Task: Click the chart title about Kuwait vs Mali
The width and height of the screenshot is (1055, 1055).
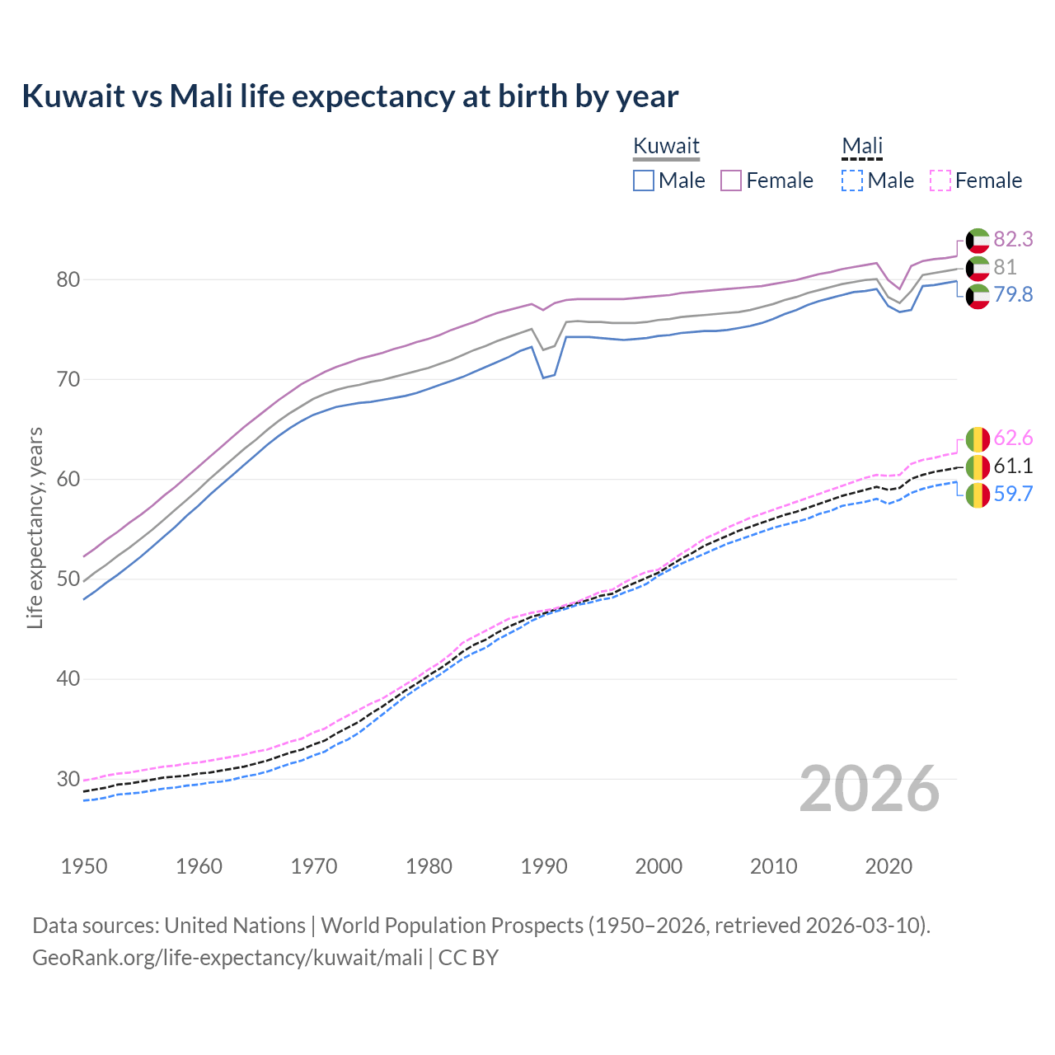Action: [x=349, y=96]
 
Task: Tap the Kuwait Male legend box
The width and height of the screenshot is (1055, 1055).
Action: [x=644, y=181]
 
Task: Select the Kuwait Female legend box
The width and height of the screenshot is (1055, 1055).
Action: [x=732, y=181]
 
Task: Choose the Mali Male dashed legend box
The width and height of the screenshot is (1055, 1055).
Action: [x=852, y=181]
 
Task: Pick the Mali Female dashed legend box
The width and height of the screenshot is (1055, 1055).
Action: [x=940, y=181]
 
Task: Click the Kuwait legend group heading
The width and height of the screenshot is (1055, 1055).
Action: [x=666, y=146]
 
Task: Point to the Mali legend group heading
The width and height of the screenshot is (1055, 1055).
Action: [x=862, y=146]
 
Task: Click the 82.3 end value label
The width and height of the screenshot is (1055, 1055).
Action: [x=1013, y=239]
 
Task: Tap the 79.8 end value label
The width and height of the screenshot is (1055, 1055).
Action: [x=1013, y=294]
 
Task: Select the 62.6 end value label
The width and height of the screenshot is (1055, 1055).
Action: [x=1013, y=438]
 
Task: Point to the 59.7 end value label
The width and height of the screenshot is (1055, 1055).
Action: [x=1013, y=494]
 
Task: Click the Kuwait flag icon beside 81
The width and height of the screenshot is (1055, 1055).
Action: [x=978, y=268]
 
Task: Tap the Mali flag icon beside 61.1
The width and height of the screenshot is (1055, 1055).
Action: [x=978, y=467]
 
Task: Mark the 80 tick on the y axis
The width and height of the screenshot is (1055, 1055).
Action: [x=68, y=279]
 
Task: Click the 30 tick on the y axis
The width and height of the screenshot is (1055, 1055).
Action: [x=68, y=779]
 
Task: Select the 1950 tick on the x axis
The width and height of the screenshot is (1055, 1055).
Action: [x=84, y=866]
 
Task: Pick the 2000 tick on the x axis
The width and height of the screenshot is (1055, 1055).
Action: [x=659, y=866]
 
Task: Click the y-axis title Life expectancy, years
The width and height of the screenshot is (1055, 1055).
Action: [x=35, y=527]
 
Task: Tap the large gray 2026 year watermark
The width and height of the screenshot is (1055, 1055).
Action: [x=870, y=789]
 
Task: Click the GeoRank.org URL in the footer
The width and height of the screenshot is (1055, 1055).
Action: [x=227, y=958]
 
